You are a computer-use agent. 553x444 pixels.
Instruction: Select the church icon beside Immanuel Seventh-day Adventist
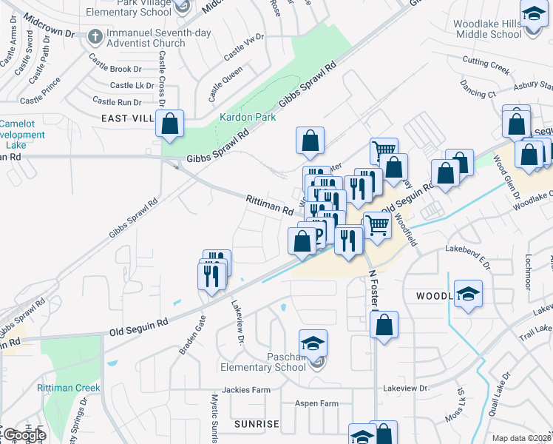[x=95, y=36]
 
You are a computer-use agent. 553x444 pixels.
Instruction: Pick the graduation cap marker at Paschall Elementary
[x=313, y=343]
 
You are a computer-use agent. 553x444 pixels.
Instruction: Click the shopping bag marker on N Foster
[x=384, y=324]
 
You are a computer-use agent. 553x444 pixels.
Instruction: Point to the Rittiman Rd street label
[x=270, y=205]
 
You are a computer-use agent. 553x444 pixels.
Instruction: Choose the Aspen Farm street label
[x=316, y=404]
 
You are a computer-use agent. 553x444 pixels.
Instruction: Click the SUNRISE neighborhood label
[x=257, y=424]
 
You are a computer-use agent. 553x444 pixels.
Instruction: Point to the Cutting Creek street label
[x=486, y=64]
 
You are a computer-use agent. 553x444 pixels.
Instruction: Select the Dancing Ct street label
[x=478, y=95]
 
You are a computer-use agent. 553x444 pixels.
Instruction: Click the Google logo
[x=24, y=435]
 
